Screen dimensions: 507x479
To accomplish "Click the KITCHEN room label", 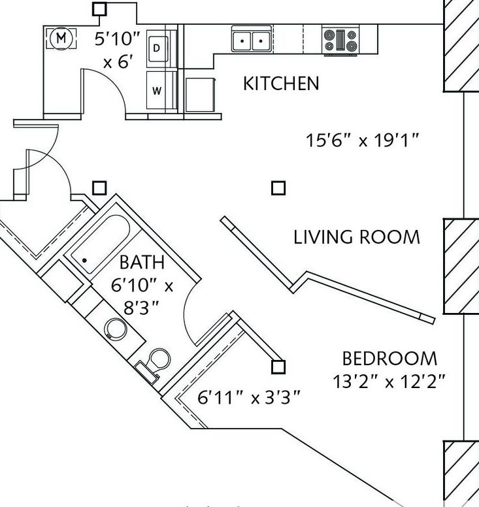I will pyautogui.click(x=281, y=84).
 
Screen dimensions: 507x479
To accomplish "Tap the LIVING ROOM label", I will pyautogui.click(x=357, y=237).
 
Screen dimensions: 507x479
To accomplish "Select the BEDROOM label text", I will pyautogui.click(x=389, y=359).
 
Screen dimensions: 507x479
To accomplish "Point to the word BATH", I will pyautogui.click(x=142, y=263).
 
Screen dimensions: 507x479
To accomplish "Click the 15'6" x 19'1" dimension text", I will pyautogui.click(x=362, y=140).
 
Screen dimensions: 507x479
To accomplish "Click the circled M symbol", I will pyautogui.click(x=61, y=38).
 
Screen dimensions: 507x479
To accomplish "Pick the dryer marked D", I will pyautogui.click(x=157, y=48).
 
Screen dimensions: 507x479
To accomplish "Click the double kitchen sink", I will pyautogui.click(x=252, y=41).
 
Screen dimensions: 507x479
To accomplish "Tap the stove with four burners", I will pyautogui.click(x=340, y=39).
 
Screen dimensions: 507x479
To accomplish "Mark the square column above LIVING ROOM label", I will pyautogui.click(x=278, y=188).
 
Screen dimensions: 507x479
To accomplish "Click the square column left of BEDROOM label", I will pyautogui.click(x=278, y=367).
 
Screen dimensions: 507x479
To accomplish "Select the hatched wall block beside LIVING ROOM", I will pyautogui.click(x=461, y=266).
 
